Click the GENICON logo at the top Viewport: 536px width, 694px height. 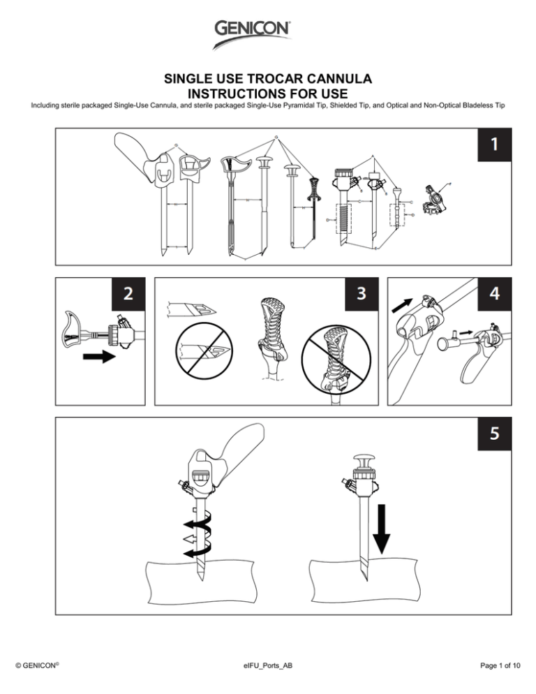[x=267, y=34]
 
